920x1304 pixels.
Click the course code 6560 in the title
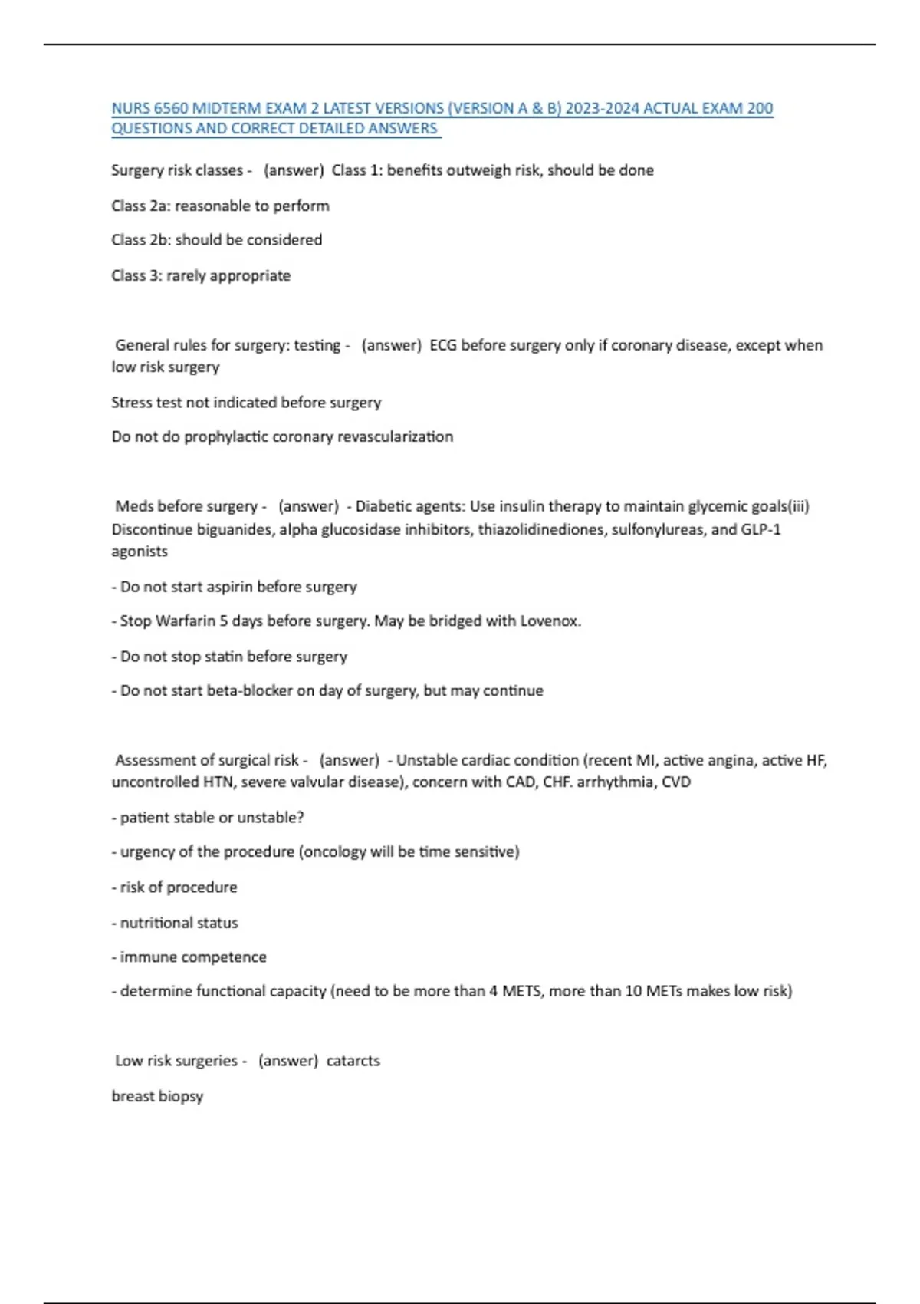click(171, 108)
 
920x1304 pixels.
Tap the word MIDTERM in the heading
click(228, 108)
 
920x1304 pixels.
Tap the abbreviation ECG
click(443, 345)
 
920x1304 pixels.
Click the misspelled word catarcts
click(353, 1061)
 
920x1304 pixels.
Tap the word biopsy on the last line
click(182, 1096)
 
